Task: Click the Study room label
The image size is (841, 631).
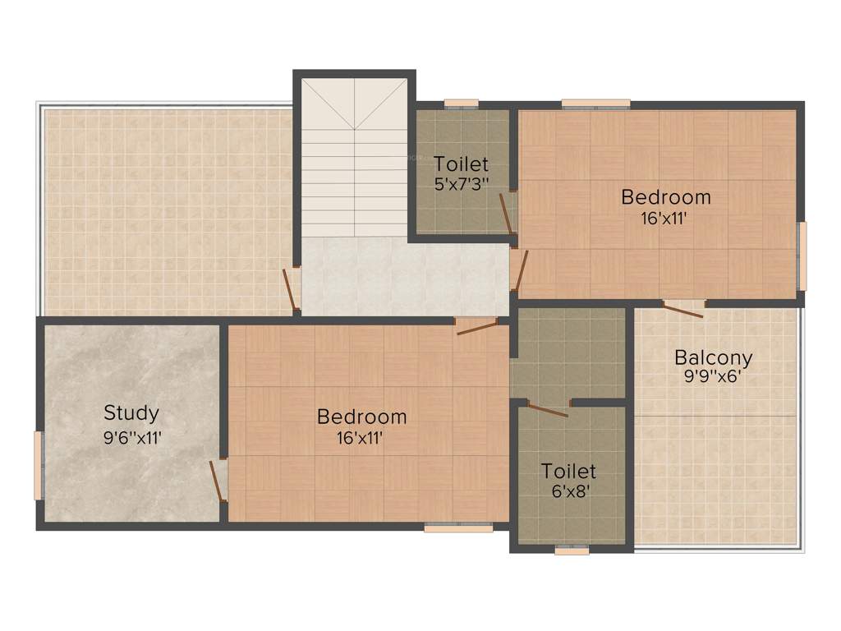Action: point(131,412)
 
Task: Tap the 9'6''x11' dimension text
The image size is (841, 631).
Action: point(132,437)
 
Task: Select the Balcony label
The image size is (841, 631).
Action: point(713,358)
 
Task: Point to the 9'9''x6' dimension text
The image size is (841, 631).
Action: point(713,380)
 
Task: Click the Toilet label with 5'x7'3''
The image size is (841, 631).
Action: point(461,164)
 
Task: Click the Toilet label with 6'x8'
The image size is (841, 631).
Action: point(568,472)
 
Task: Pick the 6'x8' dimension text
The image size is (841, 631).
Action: point(568,494)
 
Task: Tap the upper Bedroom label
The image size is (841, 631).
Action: point(665,197)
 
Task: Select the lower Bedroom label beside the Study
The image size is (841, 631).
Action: point(361,417)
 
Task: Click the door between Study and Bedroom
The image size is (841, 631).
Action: point(218,481)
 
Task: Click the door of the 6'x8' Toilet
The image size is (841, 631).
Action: point(547,409)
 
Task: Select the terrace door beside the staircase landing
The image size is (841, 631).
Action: point(290,291)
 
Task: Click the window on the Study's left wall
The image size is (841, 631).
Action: point(38,465)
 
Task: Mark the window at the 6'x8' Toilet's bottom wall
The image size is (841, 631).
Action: point(572,550)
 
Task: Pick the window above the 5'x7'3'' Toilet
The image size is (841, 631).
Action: point(462,104)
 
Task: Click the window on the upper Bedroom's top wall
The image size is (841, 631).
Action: point(595,104)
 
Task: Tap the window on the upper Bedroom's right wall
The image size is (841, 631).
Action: point(802,256)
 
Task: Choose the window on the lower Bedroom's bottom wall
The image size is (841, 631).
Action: point(458,527)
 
